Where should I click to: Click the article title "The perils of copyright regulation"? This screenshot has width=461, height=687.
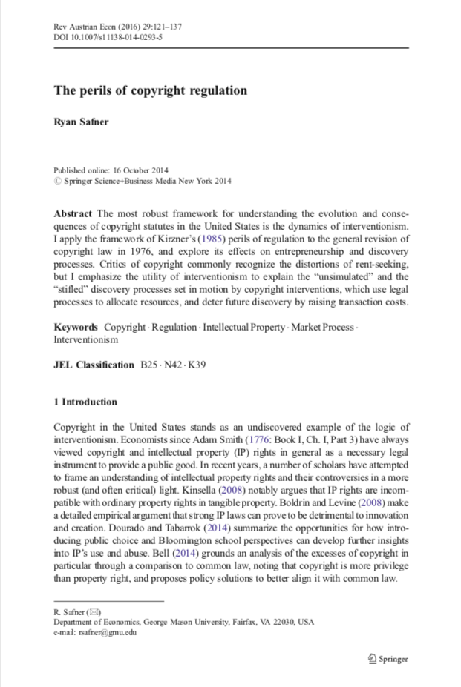pyautogui.click(x=150, y=91)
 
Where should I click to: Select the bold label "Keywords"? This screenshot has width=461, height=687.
pyautogui.click(x=76, y=327)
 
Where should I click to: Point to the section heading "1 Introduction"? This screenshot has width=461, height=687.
pyautogui.click(x=85, y=402)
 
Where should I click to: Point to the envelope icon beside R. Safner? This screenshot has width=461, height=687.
pyautogui.click(x=94, y=612)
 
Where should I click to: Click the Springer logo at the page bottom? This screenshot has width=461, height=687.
pyautogui.click(x=388, y=658)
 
